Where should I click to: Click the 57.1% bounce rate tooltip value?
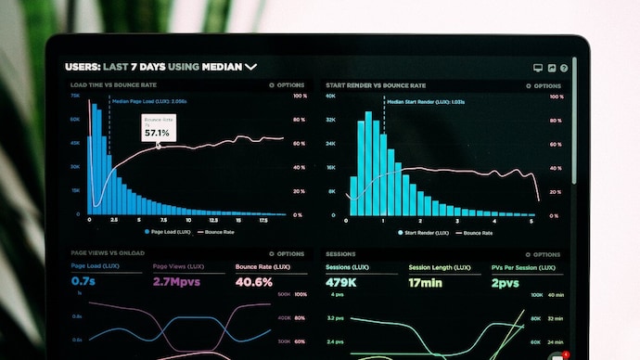[156, 133]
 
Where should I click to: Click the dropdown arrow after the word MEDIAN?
[250, 67]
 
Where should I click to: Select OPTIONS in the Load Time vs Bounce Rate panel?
[289, 84]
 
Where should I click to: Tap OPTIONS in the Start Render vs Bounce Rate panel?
[546, 84]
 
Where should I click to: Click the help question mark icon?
[564, 68]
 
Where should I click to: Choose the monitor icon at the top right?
[538, 68]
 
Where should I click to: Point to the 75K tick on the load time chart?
[74, 96]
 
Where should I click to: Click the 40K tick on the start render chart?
[330, 96]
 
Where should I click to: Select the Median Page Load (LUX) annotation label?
[150, 101]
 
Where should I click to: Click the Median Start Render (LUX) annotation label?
[425, 101]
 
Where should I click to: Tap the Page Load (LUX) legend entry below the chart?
[170, 232]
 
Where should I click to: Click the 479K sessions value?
[342, 282]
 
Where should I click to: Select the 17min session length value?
[427, 282]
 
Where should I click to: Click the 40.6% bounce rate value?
[253, 282]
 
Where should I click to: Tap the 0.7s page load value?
[83, 282]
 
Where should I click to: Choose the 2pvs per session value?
[506, 282]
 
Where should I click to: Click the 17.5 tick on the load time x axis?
[264, 221]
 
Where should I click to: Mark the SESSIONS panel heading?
[340, 253]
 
